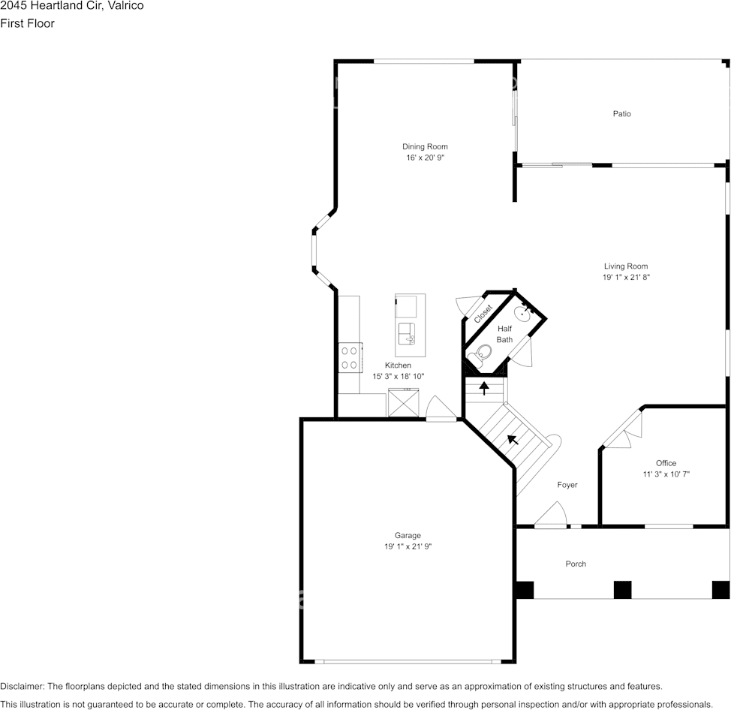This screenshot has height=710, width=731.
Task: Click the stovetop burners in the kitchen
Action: click(x=349, y=357)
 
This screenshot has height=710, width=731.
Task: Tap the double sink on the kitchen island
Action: click(x=406, y=332)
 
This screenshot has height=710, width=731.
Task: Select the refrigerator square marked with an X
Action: click(x=402, y=403)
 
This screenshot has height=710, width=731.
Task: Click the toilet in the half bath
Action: click(x=482, y=353)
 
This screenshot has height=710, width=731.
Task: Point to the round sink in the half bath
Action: click(x=523, y=312)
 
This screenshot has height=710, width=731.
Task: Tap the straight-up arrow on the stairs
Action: click(x=484, y=388)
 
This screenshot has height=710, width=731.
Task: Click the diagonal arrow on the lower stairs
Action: click(x=513, y=439)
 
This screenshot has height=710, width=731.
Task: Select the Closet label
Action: click(x=483, y=314)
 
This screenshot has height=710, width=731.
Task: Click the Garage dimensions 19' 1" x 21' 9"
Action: click(x=408, y=547)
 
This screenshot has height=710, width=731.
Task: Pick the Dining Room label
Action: click(x=425, y=146)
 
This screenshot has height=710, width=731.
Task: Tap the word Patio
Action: click(x=621, y=114)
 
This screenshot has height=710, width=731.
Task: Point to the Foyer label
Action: click(x=567, y=485)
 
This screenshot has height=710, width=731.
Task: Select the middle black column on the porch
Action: click(x=622, y=590)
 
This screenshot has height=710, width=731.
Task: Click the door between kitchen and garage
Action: click(x=441, y=411)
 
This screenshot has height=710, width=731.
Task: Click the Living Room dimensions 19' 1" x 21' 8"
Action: click(x=625, y=277)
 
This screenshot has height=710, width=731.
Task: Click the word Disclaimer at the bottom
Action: click(x=22, y=686)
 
